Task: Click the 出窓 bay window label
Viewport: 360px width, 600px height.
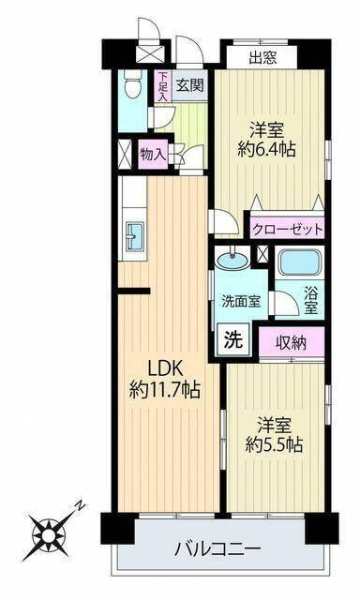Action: coord(262,56)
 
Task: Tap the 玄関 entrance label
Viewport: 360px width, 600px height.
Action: coord(189,86)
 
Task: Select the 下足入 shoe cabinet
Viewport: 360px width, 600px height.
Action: coord(163,86)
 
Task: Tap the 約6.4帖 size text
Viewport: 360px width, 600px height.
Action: coord(268,148)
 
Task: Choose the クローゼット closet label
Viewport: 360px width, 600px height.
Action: coord(288,228)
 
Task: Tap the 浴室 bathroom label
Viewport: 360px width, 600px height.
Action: coord(310,298)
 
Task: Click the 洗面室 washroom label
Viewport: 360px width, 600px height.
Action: coord(238,302)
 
